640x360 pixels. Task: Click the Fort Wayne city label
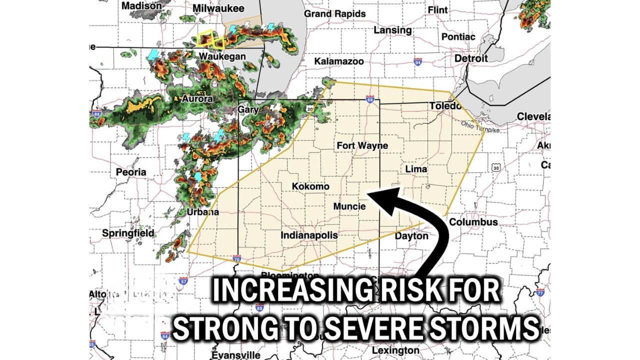click(362, 145)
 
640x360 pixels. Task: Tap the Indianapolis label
click(309, 235)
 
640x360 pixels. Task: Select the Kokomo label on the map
click(310, 186)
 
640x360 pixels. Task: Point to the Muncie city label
click(349, 206)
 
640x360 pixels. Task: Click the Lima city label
click(416, 169)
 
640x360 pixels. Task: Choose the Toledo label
click(444, 106)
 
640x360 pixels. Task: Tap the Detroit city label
click(471, 58)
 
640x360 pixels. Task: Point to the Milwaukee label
click(218, 8)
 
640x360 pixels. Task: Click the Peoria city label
click(131, 172)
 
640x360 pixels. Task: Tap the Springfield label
click(128, 233)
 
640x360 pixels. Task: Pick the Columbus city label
click(473, 221)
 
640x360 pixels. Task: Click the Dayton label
click(411, 235)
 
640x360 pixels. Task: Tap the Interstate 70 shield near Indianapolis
click(236, 259)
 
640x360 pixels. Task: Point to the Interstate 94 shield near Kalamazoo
click(417, 62)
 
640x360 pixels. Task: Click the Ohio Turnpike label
click(480, 126)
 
